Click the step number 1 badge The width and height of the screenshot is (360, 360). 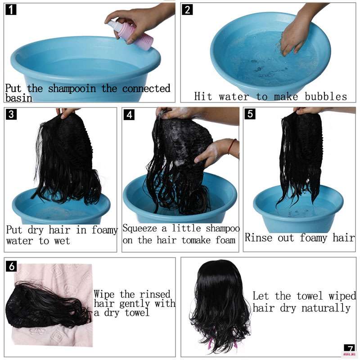click(11, 10)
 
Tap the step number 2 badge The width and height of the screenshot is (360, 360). click(187, 10)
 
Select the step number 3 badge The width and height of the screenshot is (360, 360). click(11, 114)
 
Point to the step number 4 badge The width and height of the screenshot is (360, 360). click(129, 115)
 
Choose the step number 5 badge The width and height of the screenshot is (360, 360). click(250, 114)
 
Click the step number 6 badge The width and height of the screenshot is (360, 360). click(12, 266)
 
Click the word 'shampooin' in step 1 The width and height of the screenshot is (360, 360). click(72, 89)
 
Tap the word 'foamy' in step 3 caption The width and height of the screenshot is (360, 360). click(105, 230)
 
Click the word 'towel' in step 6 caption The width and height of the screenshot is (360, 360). click(137, 313)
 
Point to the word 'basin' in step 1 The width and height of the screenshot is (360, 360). click(19, 98)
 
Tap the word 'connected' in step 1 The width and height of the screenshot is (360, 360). click(146, 89)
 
